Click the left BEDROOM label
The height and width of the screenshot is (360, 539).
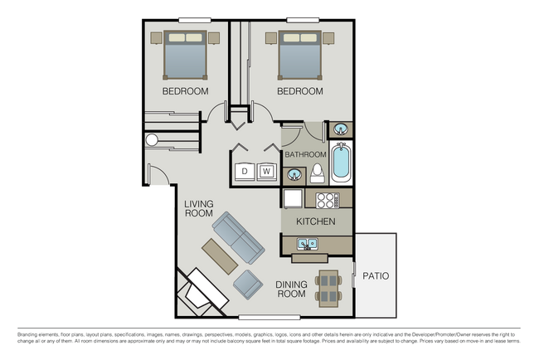coord(185,90)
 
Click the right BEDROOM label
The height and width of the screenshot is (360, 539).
coord(299,90)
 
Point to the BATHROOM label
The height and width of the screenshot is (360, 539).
coord(305,155)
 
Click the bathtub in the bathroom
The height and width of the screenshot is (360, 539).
coord(341,163)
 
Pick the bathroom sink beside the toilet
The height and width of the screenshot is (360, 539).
coord(294,175)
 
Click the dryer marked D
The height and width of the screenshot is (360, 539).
coord(245,172)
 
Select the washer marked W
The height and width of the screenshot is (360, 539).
coord(267,172)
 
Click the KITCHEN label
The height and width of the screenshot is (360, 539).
coord(316,221)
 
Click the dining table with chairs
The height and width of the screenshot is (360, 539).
coord(329,287)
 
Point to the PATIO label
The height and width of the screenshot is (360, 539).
coord(376,276)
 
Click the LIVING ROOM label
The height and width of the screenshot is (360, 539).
coord(199,208)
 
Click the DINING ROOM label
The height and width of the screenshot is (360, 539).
coord(291,289)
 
